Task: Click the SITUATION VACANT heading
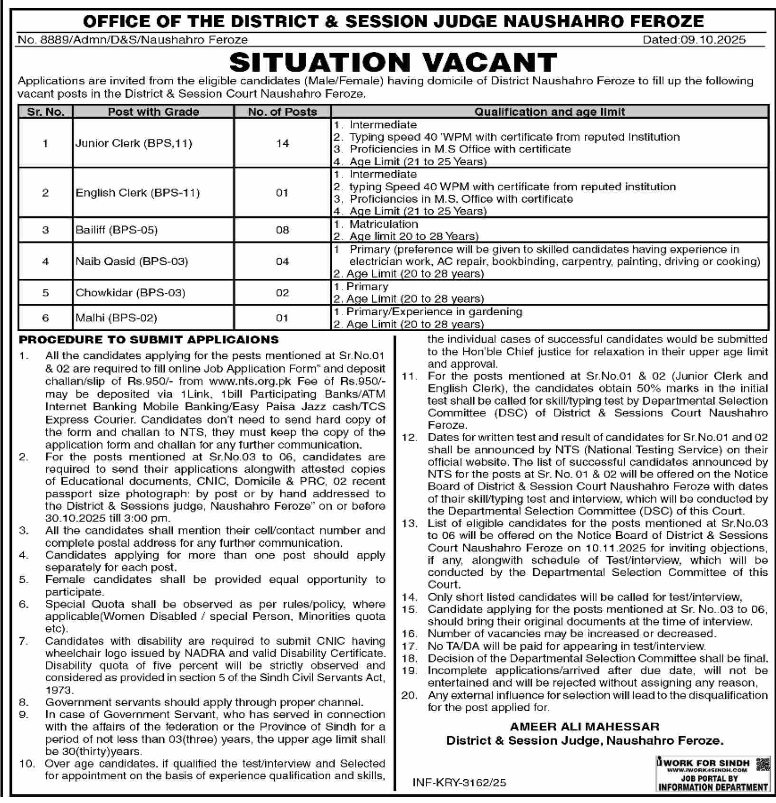point(393,62)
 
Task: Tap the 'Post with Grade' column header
point(153,112)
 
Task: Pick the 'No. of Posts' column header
point(282,112)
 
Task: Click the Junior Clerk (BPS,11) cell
point(134,143)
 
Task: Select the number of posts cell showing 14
point(282,143)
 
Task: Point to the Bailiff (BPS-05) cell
point(117,230)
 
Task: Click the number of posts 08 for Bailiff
point(282,230)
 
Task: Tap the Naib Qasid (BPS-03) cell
point(132,261)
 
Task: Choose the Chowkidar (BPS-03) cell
point(131,293)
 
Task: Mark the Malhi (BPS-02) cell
point(116,318)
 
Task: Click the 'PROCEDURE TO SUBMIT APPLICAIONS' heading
point(149,340)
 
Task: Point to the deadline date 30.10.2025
point(71,518)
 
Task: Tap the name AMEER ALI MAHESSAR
point(584,727)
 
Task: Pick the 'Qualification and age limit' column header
point(550,112)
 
